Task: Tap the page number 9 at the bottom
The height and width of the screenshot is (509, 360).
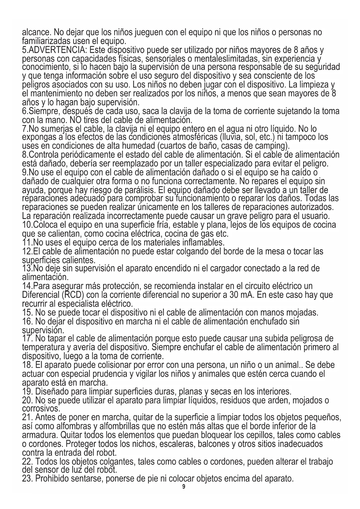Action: point(183,487)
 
